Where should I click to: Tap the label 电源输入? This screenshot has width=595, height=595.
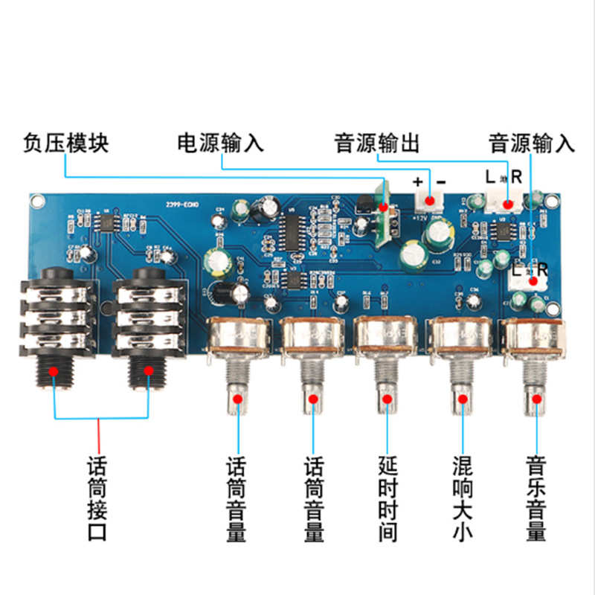tap(220, 142)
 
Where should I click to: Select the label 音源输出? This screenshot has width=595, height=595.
tap(377, 142)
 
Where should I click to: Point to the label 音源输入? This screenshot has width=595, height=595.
tap(532, 142)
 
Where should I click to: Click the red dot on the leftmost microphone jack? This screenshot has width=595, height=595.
tap(54, 370)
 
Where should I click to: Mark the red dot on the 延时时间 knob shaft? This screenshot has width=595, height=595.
tap(387, 399)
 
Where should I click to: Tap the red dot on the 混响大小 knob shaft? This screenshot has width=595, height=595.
tap(462, 399)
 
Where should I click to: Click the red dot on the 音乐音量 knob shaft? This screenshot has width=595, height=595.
tap(536, 399)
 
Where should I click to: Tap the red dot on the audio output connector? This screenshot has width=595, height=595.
tap(509, 202)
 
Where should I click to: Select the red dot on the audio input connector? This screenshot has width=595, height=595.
tap(533, 282)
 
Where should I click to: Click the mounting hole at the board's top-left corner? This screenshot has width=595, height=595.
tap(38, 201)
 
